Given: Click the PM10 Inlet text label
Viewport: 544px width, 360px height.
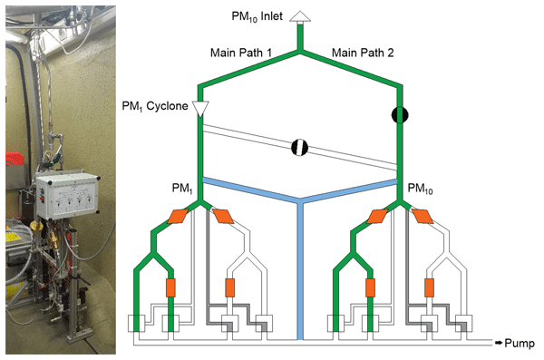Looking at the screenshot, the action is [x=257, y=16].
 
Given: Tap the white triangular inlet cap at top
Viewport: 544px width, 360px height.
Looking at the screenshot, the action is [x=300, y=16].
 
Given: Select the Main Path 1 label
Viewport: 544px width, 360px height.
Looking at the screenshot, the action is [x=241, y=53].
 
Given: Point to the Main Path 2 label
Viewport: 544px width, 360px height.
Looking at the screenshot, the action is [x=363, y=53].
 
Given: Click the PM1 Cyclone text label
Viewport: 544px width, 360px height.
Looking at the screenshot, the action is [x=155, y=106].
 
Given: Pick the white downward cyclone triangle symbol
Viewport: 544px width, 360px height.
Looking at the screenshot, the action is [x=200, y=109].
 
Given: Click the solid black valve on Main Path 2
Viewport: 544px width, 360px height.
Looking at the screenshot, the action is [x=400, y=115].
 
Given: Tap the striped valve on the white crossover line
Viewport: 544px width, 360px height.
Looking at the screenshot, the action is [x=299, y=147].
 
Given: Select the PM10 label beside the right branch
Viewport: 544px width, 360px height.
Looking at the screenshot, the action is [x=420, y=189].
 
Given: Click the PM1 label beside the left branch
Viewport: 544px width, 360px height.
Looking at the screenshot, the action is [x=182, y=189].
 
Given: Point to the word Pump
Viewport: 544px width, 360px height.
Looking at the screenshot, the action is [x=520, y=343].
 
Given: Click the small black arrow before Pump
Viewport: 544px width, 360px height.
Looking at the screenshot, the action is [x=499, y=343].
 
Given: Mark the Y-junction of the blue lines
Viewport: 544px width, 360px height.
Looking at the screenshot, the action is [x=300, y=200].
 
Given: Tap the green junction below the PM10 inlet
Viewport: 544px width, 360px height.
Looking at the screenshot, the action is [x=300, y=52].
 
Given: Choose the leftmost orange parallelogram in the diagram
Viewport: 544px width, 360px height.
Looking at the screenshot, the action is [x=178, y=217].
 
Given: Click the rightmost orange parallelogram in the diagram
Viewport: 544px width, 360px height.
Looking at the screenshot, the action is [x=423, y=217].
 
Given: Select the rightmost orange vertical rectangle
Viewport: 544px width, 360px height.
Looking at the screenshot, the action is [x=429, y=287].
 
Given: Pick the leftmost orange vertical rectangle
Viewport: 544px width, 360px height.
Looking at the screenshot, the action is [x=170, y=287].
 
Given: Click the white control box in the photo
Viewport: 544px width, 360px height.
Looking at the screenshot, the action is [x=66, y=195].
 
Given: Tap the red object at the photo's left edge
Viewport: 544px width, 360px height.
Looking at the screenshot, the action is [x=14, y=160].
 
